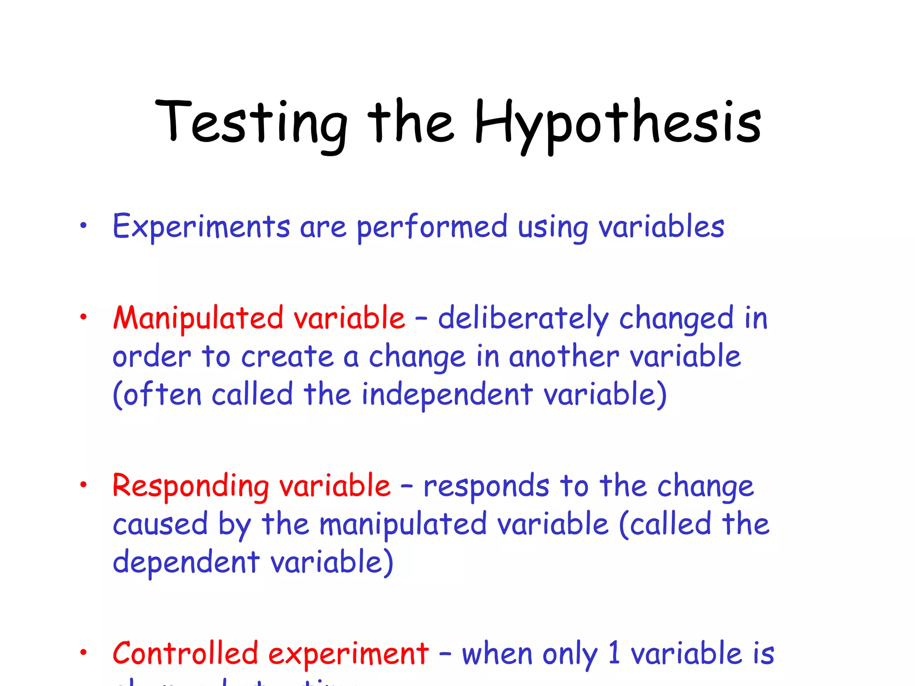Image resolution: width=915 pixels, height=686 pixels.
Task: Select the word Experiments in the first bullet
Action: point(201,227)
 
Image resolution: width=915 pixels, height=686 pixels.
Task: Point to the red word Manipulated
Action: point(198,318)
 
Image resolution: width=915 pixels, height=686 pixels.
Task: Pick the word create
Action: point(287,357)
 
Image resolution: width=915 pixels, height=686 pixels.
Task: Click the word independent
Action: point(447,395)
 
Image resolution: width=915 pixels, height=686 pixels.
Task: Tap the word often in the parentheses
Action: point(162,395)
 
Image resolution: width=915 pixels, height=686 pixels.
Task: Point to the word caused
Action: point(160,524)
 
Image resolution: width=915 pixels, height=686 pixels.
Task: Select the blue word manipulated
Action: point(403,524)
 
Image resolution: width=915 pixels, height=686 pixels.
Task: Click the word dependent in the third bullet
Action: point(186,562)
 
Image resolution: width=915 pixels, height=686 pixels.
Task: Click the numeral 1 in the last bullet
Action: point(614,653)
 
